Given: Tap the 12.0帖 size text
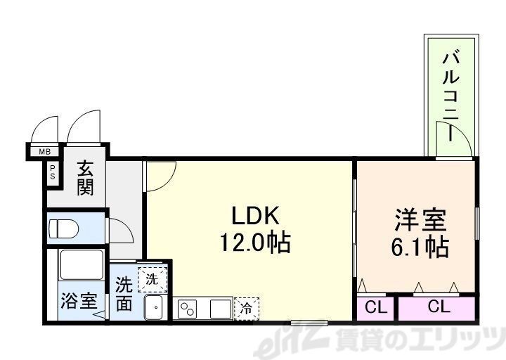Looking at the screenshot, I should click(x=254, y=243).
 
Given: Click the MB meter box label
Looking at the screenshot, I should click(x=44, y=151).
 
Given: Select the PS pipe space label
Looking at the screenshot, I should click(x=53, y=172).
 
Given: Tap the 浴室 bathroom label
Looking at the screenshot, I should click(x=77, y=302).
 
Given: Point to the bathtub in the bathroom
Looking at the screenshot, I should click(x=82, y=266).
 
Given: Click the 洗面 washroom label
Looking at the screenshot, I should click(x=124, y=295).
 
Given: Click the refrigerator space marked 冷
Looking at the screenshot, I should click(x=246, y=308).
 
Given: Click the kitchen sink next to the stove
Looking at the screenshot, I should click(x=219, y=308).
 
